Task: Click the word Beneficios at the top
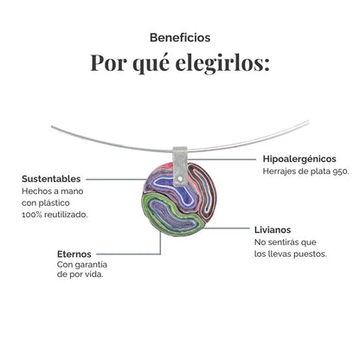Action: pyautogui.click(x=180, y=37)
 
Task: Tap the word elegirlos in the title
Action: pyautogui.click(x=220, y=65)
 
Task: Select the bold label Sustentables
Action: pyautogui.click(x=51, y=178)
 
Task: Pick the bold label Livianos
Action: pyautogui.click(x=273, y=229)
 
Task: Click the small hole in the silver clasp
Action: pyautogui.click(x=180, y=180)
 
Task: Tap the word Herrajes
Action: pyautogui.click(x=281, y=172)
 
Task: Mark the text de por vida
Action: pyautogui.click(x=80, y=276)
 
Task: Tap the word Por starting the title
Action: pyautogui.click(x=110, y=65)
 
